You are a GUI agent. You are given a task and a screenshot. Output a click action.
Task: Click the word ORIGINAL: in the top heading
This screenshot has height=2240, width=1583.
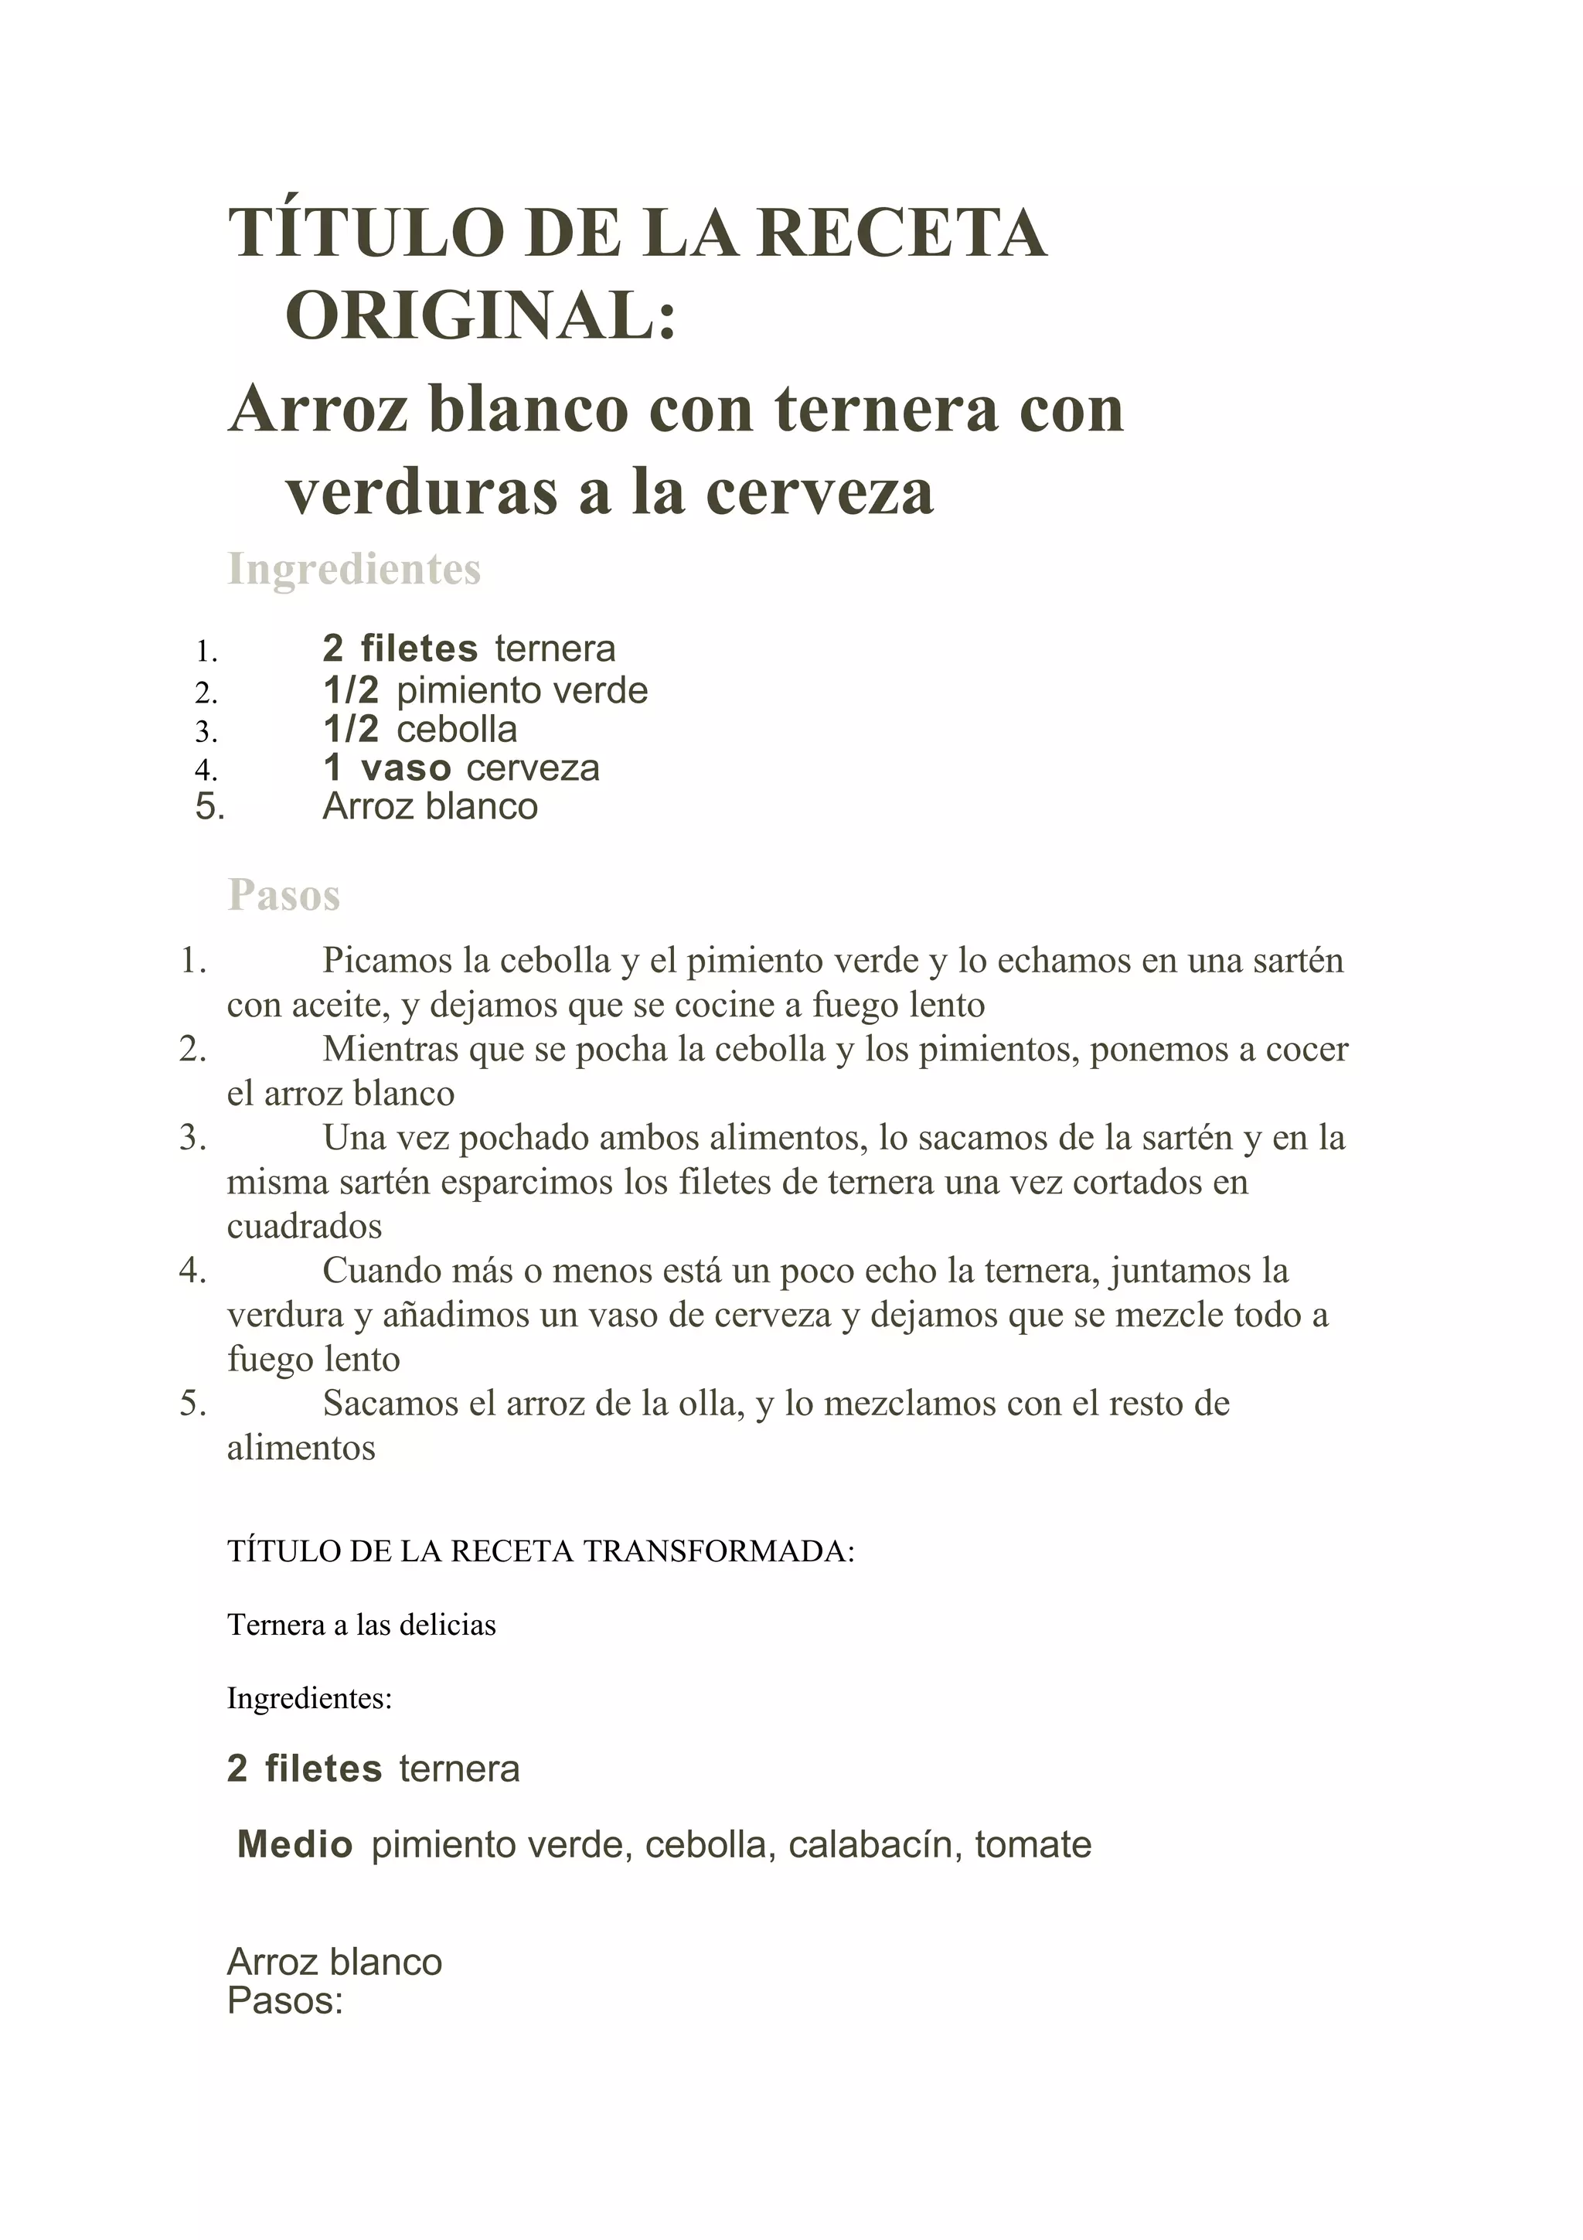click(481, 317)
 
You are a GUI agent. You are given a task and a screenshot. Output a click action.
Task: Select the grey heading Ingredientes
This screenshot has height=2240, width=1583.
click(354, 569)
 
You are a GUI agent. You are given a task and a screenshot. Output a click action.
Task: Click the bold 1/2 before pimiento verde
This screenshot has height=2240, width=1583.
click(350, 691)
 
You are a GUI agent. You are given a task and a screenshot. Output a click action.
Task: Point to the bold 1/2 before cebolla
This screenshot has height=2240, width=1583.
click(350, 730)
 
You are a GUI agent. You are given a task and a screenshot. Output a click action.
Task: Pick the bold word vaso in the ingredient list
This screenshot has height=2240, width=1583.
click(406, 769)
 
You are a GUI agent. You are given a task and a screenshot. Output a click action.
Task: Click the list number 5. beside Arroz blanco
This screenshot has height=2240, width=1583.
click(209, 807)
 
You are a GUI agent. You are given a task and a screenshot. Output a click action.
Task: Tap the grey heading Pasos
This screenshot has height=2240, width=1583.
click(284, 894)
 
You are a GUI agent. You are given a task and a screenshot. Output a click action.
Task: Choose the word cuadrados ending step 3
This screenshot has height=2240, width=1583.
click(305, 1227)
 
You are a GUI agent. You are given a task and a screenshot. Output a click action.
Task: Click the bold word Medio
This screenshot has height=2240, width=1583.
click(294, 1845)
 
